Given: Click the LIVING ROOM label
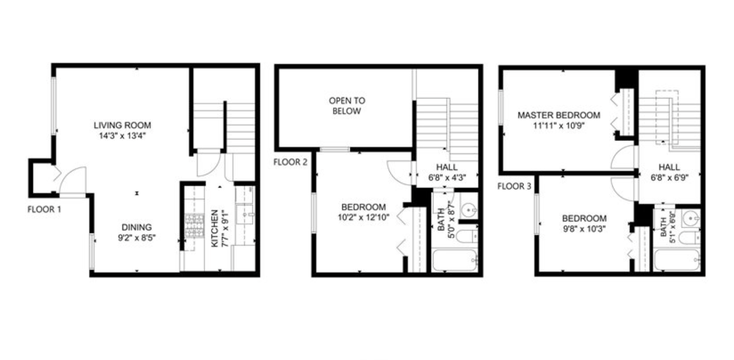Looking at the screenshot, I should (122, 125).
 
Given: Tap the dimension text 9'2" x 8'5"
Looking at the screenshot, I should (137, 238).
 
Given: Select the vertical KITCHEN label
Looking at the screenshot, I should (215, 228).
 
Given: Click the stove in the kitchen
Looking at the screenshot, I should (195, 225).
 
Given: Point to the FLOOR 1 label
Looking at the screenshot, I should (44, 209).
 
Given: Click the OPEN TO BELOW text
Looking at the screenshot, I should (347, 106).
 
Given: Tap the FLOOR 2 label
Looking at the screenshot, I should (291, 162).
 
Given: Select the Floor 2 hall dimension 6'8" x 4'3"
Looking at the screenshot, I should (447, 178).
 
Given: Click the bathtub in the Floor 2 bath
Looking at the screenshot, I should (454, 261).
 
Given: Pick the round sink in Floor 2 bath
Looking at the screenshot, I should (470, 210).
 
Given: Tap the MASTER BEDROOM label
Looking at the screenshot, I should (559, 115).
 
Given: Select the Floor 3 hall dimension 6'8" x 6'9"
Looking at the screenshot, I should (669, 178).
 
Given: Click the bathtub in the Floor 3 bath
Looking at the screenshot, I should (676, 261).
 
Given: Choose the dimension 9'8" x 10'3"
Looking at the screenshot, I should (584, 229).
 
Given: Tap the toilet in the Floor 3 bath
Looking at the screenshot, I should (688, 238).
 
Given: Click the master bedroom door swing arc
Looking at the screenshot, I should (623, 158).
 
